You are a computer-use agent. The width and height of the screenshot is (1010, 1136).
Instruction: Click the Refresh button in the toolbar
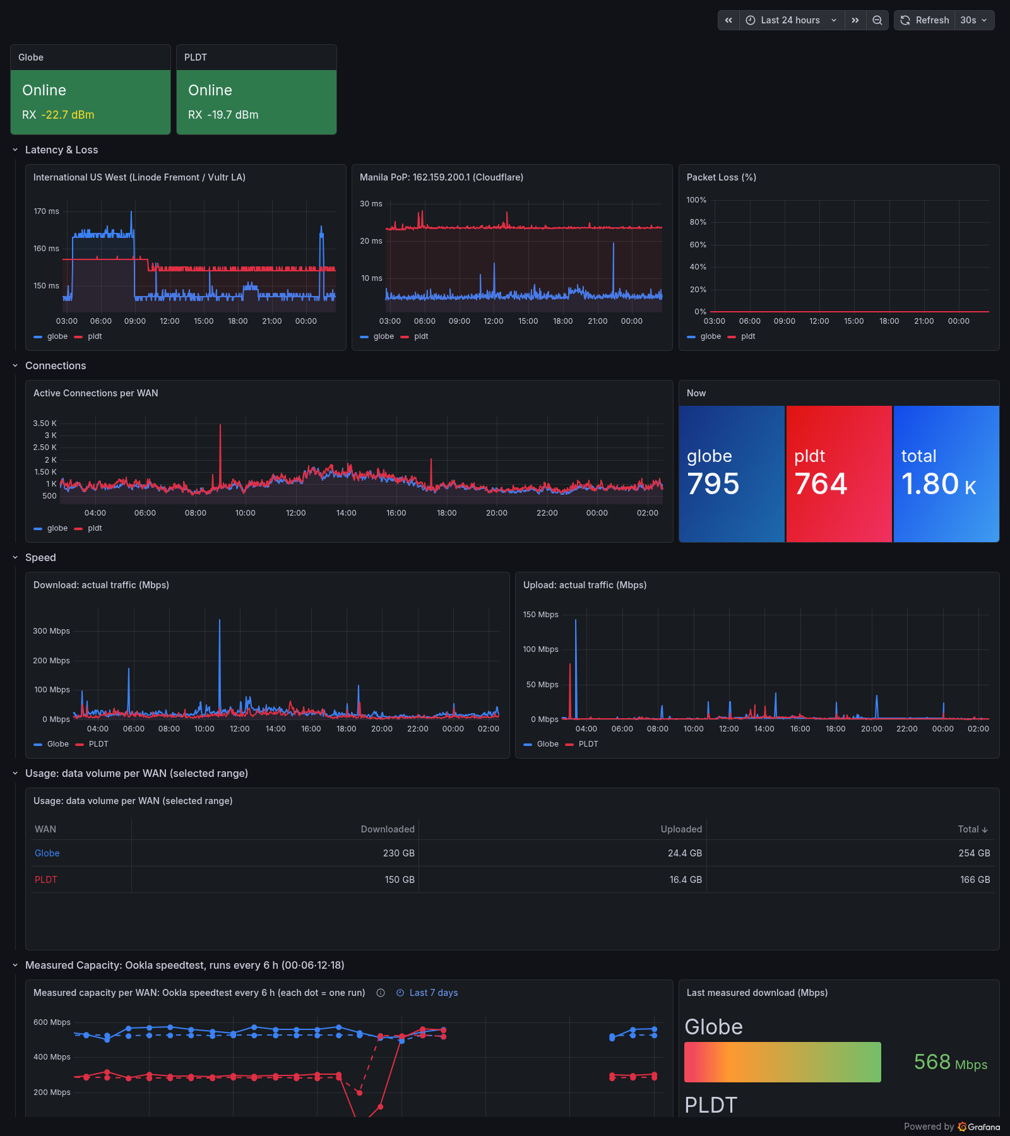[924, 20]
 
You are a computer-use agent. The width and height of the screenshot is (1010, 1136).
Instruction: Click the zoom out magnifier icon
[877, 20]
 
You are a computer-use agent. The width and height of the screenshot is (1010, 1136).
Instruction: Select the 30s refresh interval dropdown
[974, 20]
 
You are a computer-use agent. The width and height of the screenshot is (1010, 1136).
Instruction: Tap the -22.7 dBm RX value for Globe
[68, 115]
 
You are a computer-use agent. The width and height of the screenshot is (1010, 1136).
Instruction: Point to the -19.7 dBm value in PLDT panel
[233, 115]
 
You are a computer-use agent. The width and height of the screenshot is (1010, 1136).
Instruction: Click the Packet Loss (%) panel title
[722, 177]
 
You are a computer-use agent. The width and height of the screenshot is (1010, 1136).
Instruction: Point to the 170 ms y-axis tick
[46, 211]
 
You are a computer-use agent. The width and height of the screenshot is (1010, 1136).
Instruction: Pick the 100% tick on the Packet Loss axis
[696, 200]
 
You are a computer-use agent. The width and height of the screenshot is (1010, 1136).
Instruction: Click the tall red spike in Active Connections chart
[220, 454]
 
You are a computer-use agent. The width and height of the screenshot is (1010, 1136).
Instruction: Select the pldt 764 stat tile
[839, 474]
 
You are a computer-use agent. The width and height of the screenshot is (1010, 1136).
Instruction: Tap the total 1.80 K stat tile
[946, 474]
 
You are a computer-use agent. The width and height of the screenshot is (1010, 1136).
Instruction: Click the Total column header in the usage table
[973, 829]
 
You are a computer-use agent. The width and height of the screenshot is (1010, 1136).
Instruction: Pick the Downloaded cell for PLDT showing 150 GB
[400, 880]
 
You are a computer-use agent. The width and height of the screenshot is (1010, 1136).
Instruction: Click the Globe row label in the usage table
[47, 853]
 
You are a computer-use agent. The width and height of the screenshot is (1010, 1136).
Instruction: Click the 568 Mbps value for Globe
[951, 1062]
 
